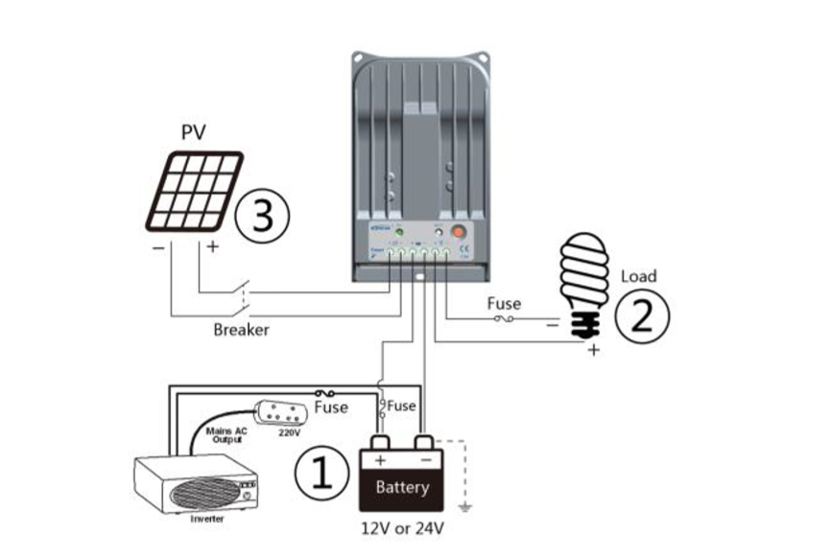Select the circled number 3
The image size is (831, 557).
tap(260, 217)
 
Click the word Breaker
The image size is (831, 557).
tap(241, 330)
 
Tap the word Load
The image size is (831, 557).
tap(639, 276)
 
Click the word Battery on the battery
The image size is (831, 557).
tap(402, 488)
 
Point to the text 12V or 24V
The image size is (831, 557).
tap(400, 528)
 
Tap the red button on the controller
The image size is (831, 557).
tap(458, 231)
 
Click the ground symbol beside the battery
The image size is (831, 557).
tap(464, 505)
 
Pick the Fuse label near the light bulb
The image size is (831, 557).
tap(504, 304)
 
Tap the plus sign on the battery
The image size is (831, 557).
tap(379, 460)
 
